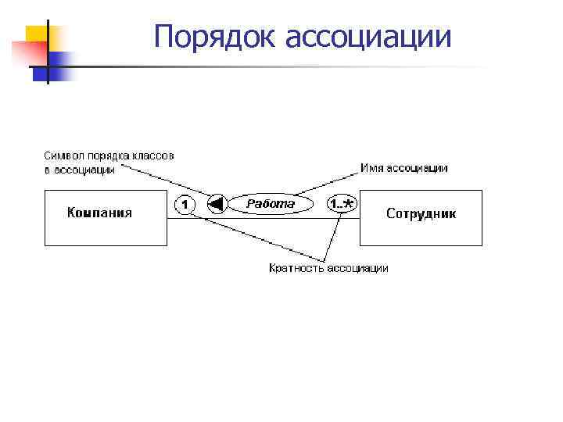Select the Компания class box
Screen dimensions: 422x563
tap(106, 218)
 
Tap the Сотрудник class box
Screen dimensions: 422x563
tap(421, 218)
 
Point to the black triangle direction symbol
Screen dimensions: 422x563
tap(217, 205)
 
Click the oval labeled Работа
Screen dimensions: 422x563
tap(271, 205)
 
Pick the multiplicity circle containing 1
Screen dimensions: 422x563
tap(184, 205)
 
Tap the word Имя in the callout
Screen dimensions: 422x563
tap(371, 168)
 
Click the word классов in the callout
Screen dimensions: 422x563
tap(152, 156)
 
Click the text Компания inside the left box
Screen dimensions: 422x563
tap(99, 212)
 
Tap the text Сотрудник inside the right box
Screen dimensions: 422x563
tap(421, 213)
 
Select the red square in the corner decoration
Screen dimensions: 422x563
tap(25, 53)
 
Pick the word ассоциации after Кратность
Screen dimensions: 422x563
tap(357, 268)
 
